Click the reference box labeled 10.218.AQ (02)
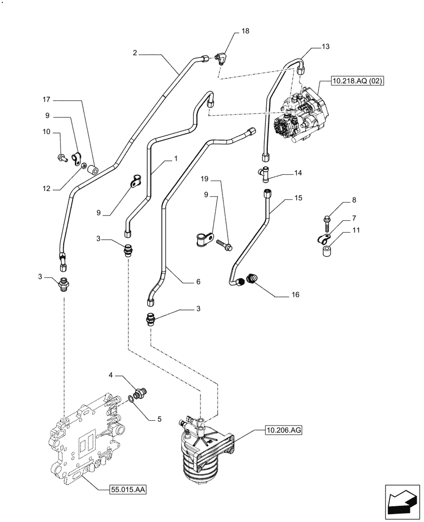356,81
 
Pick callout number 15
298,198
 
